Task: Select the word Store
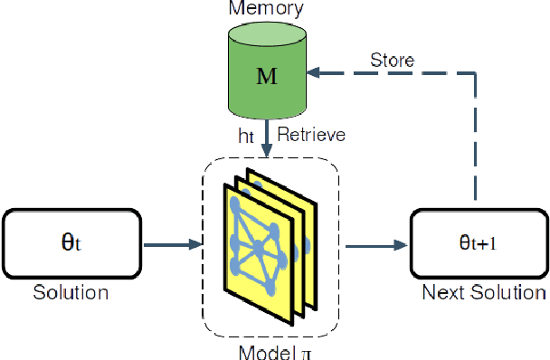(393, 61)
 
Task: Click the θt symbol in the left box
(70, 242)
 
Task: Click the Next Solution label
(484, 292)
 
